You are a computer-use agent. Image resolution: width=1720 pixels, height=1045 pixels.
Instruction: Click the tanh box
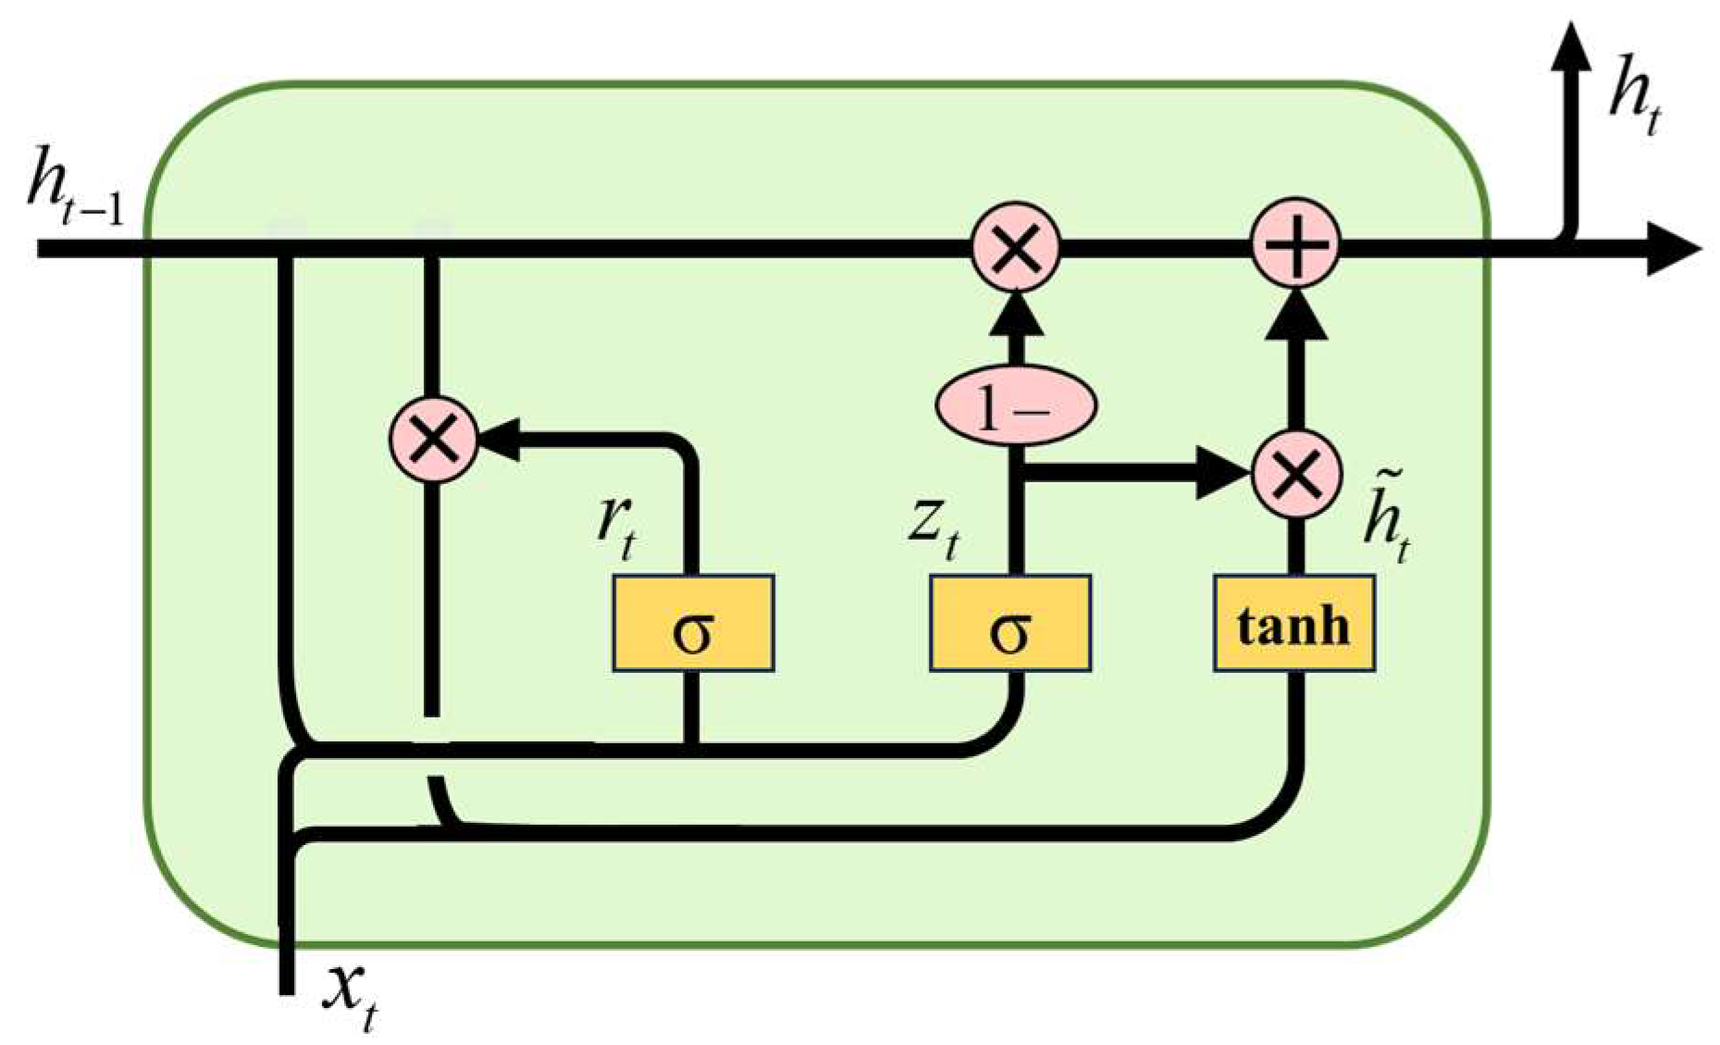point(1293,623)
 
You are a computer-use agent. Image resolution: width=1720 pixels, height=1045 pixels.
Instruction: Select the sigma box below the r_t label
point(693,623)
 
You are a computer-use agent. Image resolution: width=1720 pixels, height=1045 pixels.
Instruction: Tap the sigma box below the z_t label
point(1009,623)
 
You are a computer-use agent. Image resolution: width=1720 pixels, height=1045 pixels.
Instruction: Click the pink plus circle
point(1294,244)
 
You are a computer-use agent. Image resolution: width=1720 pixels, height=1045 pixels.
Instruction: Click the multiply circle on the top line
point(1016,248)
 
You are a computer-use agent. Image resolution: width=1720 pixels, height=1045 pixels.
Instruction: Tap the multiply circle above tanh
point(1295,475)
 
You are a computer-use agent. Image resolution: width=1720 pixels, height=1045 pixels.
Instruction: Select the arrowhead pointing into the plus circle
point(1295,315)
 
